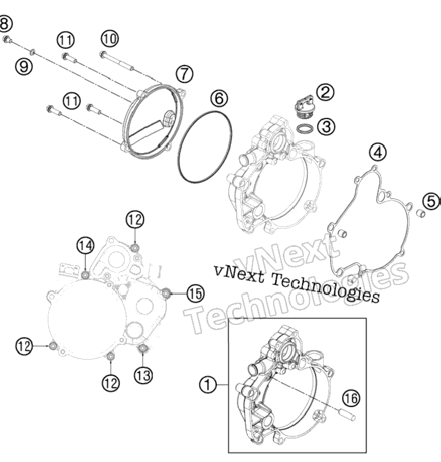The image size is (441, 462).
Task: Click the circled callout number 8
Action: (x=5, y=23)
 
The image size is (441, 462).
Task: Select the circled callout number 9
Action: (x=24, y=67)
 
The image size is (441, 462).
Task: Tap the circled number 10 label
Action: (x=110, y=39)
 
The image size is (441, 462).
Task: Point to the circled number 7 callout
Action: (x=184, y=73)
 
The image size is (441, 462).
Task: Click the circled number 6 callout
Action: (x=219, y=98)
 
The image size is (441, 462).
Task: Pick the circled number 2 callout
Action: (x=325, y=92)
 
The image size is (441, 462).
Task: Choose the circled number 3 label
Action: (x=326, y=127)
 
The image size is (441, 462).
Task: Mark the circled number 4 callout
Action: (x=378, y=152)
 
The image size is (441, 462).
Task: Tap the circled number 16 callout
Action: (x=351, y=398)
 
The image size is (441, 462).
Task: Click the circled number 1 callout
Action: (x=208, y=385)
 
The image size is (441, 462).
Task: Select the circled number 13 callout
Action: (x=144, y=376)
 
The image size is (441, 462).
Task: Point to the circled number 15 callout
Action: (x=196, y=294)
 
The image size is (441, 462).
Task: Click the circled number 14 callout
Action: (x=85, y=246)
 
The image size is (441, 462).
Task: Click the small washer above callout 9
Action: (x=32, y=52)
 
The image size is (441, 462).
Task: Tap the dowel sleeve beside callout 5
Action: (x=421, y=213)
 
